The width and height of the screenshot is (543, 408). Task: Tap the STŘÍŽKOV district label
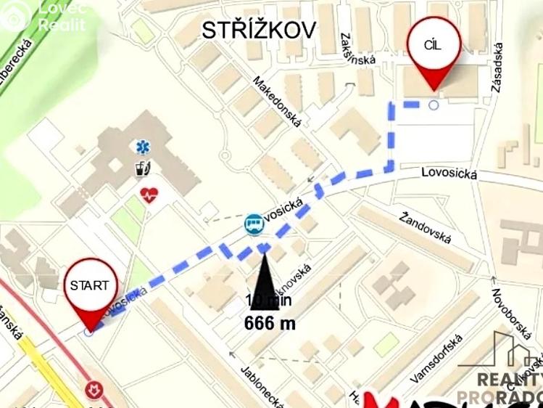coord(259,30)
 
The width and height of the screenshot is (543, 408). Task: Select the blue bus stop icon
coord(253,223)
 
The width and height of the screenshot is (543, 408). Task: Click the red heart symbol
coord(149,195)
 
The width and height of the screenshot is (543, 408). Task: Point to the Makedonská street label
coord(277,102)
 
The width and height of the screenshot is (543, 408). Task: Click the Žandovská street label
coord(426,228)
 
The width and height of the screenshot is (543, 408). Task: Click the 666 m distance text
coord(270,324)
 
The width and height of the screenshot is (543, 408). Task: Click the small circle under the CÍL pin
coord(434,105)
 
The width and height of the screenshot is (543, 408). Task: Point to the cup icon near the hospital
coord(143,168)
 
